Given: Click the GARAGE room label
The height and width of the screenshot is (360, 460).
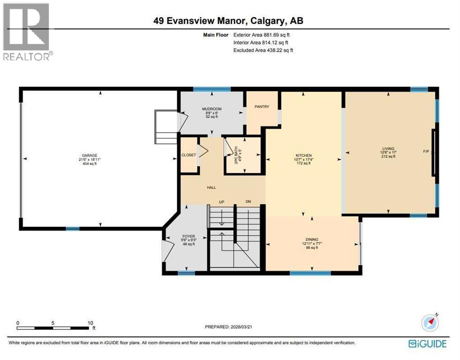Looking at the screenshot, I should (89, 155).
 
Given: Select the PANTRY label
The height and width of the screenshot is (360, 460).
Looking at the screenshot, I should (262, 107).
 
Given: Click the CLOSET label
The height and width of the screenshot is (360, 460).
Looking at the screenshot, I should (189, 155).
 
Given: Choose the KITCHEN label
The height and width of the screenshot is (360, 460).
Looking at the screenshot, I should (303, 156).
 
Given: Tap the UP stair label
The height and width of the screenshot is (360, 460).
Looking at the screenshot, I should (223, 202).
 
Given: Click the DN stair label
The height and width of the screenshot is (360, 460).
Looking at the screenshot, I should (249, 202).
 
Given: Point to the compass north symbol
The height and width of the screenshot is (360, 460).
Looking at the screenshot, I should (430, 322).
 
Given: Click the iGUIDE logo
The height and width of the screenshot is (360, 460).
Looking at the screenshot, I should (427, 344).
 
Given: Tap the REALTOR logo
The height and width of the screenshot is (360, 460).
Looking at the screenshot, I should (27, 31).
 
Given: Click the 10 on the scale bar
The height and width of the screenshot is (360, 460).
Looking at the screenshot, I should (90, 323).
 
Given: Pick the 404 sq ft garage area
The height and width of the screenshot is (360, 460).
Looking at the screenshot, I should (89, 164).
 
